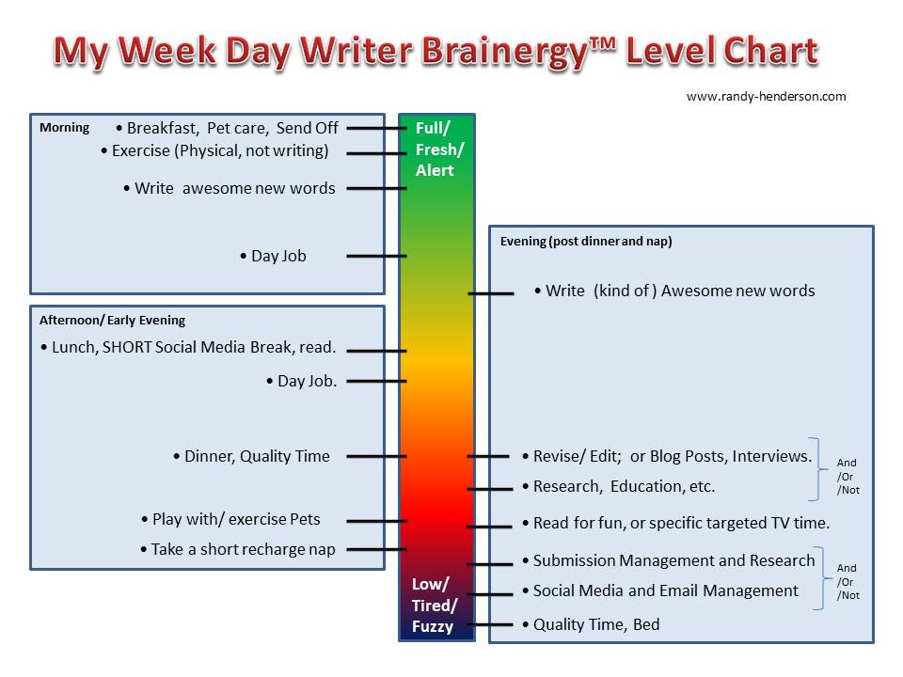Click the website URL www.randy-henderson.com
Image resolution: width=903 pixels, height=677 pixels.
pos(766,96)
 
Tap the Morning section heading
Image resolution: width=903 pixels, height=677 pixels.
pos(65,127)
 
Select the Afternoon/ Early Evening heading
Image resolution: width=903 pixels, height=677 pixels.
pos(112,320)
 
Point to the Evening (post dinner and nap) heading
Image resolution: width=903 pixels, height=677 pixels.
pos(586,242)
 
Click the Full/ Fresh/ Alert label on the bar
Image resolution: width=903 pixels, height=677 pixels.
pos(439,150)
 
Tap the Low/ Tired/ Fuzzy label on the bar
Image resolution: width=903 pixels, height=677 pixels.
pos(435,605)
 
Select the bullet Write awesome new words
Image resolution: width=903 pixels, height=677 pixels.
pos(230,188)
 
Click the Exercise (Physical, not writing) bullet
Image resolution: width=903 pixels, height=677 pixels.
pos(214,150)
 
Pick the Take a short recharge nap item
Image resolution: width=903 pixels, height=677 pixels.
pos(238,549)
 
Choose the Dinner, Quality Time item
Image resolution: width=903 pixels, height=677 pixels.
pos(252,457)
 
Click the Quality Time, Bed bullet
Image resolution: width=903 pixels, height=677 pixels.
pos(591,624)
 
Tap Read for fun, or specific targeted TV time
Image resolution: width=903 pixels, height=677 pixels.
pos(676,523)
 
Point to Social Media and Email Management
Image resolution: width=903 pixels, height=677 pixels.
pos(660,590)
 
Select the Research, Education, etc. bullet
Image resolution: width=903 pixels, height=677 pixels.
pos(619,486)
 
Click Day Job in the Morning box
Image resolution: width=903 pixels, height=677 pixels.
pos(273,256)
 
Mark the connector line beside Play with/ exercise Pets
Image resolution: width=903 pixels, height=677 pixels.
pos(376,521)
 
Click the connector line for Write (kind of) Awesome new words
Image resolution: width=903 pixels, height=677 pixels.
pos(491,293)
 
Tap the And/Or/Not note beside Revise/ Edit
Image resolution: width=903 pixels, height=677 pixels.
pos(848,476)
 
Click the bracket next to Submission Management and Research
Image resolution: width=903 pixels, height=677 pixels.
pos(820,577)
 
